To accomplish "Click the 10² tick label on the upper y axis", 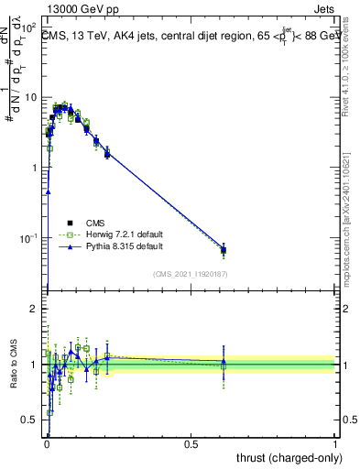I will (x=30, y=27).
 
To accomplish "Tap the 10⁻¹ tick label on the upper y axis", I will (x=30, y=238).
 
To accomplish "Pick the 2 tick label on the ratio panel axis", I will (x=36, y=309).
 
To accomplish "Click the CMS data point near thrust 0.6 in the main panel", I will (x=224, y=250).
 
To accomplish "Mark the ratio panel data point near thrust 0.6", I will (x=224, y=364).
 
